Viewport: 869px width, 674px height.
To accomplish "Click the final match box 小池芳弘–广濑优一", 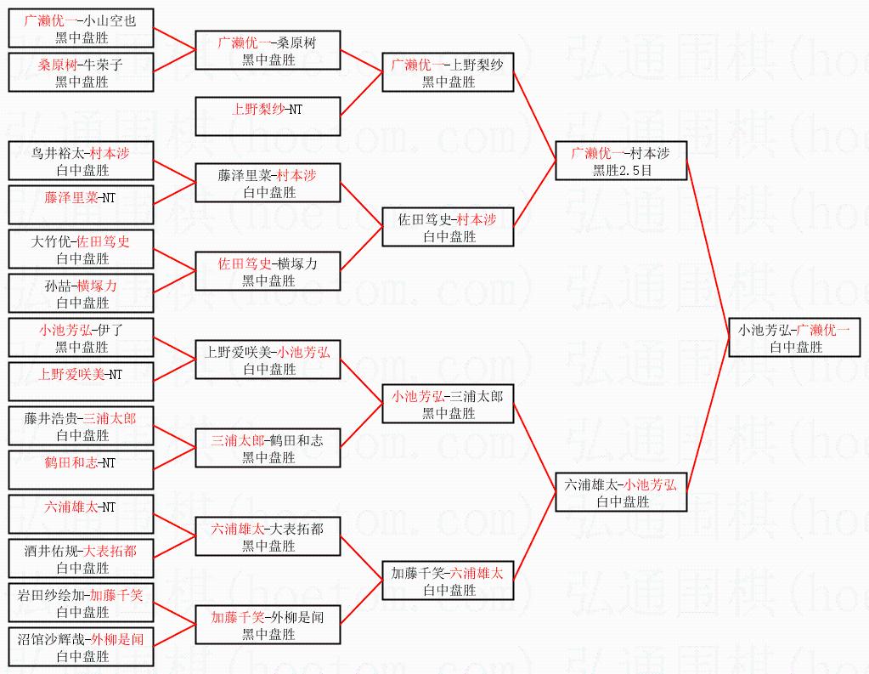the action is pyautogui.click(x=794, y=337).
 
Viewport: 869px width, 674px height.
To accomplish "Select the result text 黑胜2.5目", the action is pyautogui.click(x=622, y=170).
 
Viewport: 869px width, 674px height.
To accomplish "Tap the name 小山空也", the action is pyautogui.click(x=110, y=20).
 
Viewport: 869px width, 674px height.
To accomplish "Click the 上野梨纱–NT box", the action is pyautogui.click(x=268, y=116).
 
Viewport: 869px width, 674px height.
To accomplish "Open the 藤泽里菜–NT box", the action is pyautogui.click(x=81, y=205).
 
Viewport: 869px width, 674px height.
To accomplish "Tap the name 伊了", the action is pyautogui.click(x=110, y=330).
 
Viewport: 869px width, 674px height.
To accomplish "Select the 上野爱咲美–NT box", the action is pyautogui.click(x=81, y=382).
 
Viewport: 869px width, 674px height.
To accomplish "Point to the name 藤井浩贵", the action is pyautogui.click(x=50, y=419).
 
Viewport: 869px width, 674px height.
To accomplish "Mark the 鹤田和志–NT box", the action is pyautogui.click(x=81, y=470).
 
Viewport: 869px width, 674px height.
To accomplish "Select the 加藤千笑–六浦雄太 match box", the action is pyautogui.click(x=448, y=581).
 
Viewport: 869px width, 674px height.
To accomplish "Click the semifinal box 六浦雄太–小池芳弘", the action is pyautogui.click(x=621, y=492).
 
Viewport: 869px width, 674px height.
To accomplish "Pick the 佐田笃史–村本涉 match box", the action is pyautogui.click(x=448, y=227).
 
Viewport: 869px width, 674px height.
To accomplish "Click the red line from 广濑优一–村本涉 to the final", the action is pyautogui.click(x=708, y=248).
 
